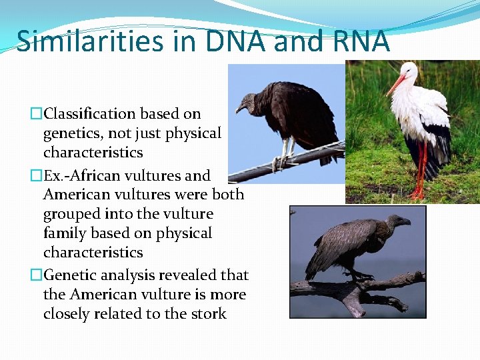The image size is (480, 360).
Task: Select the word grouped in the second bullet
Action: point(75,214)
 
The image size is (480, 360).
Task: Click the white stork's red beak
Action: point(395,85)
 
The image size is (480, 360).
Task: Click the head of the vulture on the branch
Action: point(400,221)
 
